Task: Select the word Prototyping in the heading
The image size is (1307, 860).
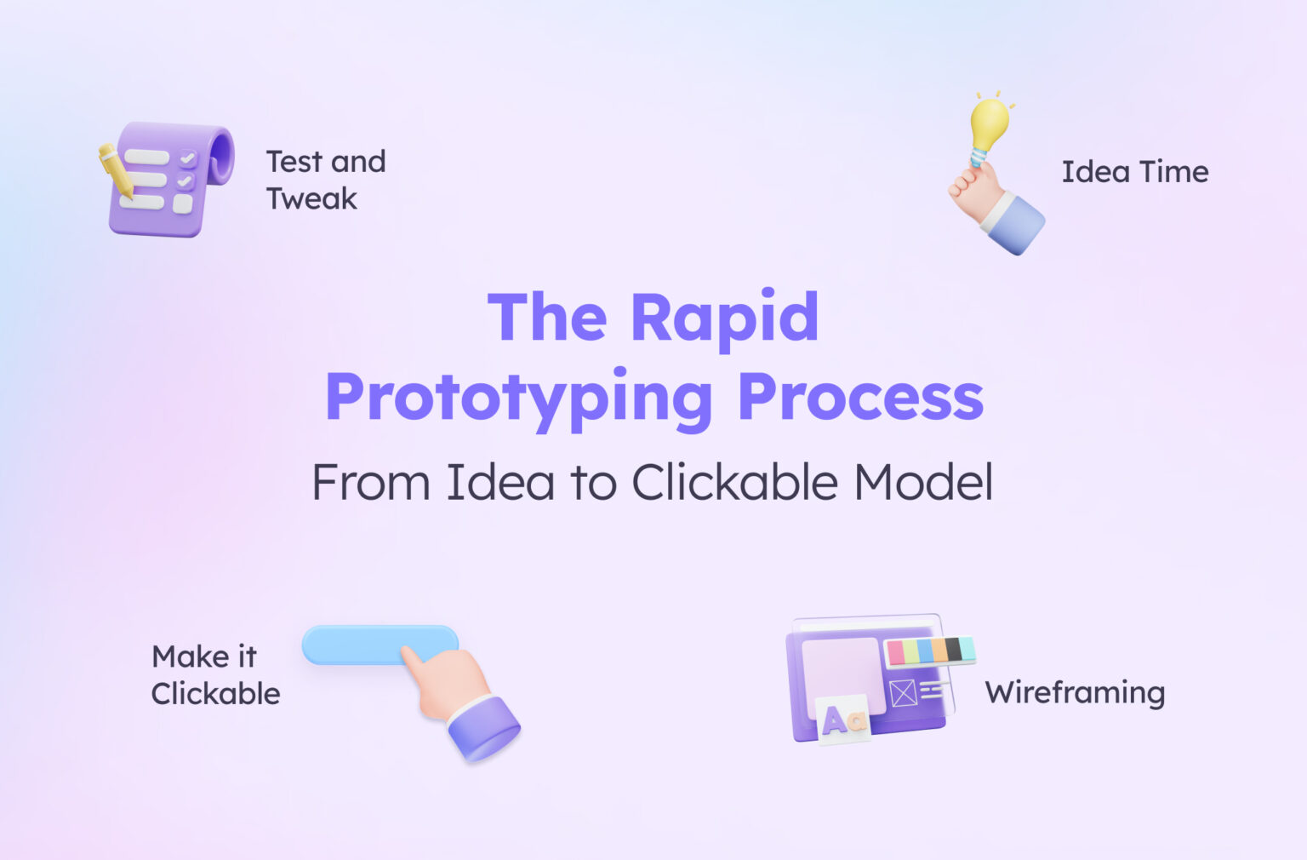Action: pos(518,398)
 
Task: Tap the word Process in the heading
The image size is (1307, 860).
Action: pos(860,398)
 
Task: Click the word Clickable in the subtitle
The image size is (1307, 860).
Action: pos(734,483)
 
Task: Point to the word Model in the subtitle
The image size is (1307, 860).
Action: pos(923,483)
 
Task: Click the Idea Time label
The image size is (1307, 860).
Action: pos(1134,172)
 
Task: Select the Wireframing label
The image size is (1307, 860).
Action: pos(1075,692)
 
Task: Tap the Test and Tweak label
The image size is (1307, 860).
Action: pos(325,180)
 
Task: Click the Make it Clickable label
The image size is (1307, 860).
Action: pos(215,675)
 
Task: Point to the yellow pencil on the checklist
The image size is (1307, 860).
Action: pos(115,170)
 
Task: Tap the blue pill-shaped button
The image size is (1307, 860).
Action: pos(357,645)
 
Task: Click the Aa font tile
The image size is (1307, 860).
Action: pos(842,720)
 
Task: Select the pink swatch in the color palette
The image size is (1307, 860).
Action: pos(895,653)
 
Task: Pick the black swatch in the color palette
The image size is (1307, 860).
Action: pos(953,650)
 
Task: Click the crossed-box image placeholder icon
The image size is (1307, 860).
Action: pos(903,692)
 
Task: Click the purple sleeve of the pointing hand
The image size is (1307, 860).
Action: pos(483,728)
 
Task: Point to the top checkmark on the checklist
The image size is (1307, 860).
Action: pos(187,158)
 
